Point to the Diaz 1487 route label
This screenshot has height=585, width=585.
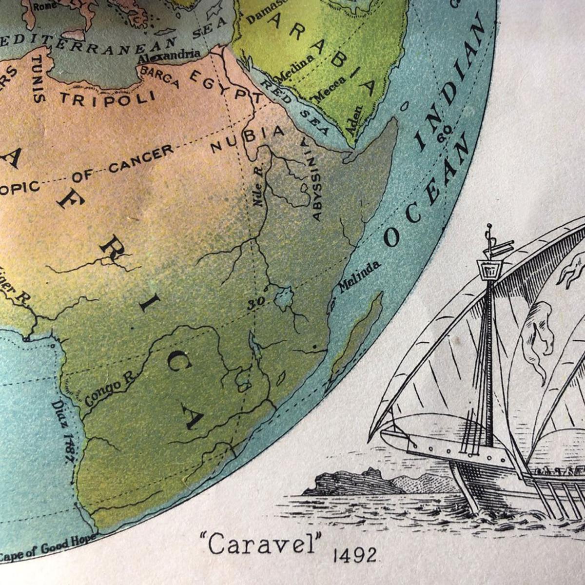point(64,427)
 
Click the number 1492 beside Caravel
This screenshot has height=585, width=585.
point(355,555)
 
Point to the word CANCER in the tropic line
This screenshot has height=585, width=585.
point(141,158)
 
